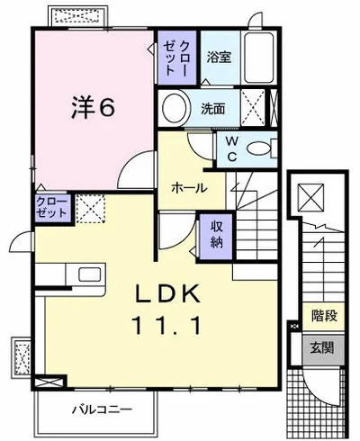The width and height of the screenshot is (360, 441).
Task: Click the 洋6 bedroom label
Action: pyautogui.click(x=93, y=107)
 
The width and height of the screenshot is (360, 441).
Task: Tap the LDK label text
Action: pyautogui.click(x=168, y=293)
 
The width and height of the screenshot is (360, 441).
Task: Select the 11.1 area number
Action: pyautogui.click(x=166, y=326)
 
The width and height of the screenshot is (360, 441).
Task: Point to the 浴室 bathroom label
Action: pyautogui.click(x=219, y=57)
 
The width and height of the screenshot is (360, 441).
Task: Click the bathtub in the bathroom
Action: pyautogui.click(x=259, y=58)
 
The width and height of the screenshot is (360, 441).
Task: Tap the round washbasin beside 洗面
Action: pyautogui.click(x=176, y=108)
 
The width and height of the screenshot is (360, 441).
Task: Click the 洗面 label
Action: pyautogui.click(x=213, y=109)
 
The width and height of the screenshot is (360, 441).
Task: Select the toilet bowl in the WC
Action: pyautogui.click(x=258, y=148)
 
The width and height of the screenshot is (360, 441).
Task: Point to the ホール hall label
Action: pyautogui.click(x=189, y=188)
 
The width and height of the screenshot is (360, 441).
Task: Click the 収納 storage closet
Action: pyautogui.click(x=216, y=236)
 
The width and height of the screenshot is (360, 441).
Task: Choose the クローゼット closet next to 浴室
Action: pyautogui.click(x=177, y=58)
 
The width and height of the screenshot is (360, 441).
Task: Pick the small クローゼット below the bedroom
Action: pyautogui.click(x=51, y=208)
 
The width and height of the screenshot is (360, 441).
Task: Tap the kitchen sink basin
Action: pyautogui.click(x=90, y=274)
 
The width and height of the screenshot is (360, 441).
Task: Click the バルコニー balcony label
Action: pyautogui.click(x=102, y=409)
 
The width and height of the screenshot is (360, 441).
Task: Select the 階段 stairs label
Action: pyautogui.click(x=324, y=316)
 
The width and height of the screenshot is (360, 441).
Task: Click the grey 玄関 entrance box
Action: pyautogui.click(x=323, y=349)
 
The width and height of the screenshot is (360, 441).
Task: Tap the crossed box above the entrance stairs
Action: pyautogui.click(x=310, y=198)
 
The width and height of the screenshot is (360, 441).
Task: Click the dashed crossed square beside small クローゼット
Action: pyautogui.click(x=90, y=209)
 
